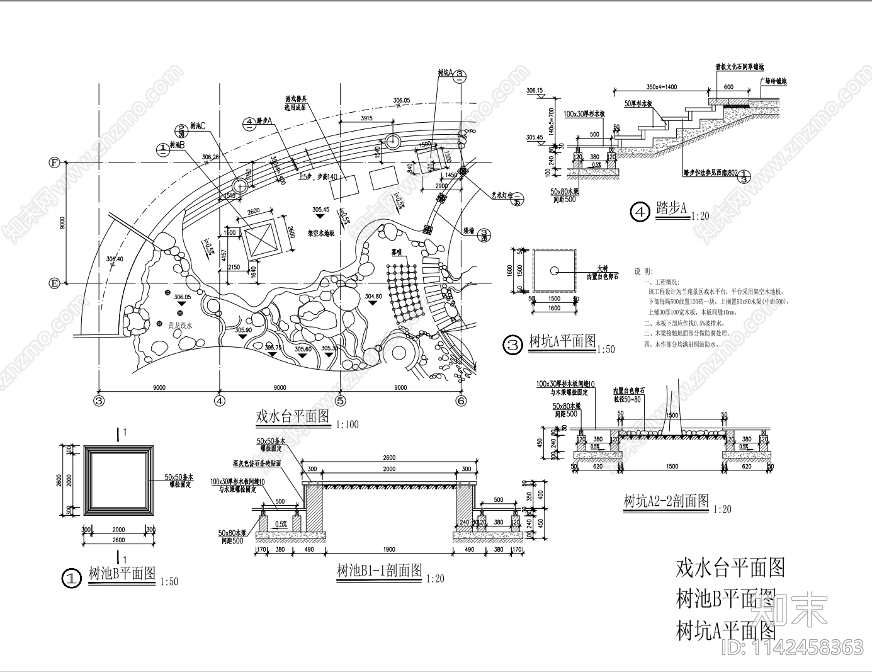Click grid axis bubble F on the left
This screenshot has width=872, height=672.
[x=54, y=162]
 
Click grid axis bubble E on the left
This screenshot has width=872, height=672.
[x=54, y=283]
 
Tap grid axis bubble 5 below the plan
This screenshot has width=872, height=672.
[x=340, y=400]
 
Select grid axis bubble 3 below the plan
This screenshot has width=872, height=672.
[x=99, y=400]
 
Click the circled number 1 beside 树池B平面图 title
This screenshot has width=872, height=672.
[x=73, y=578]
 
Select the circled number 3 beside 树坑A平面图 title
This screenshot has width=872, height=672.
[x=514, y=345]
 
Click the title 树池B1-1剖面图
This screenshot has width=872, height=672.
[x=379, y=571]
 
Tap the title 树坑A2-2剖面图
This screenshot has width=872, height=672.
[x=665, y=502]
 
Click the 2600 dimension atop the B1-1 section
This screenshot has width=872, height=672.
[x=388, y=458]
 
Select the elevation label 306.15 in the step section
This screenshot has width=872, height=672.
[x=535, y=91]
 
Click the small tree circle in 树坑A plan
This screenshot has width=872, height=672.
[x=553, y=271]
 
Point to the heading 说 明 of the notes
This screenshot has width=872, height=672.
[x=643, y=271]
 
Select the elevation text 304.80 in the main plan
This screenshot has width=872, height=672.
[x=373, y=295]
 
